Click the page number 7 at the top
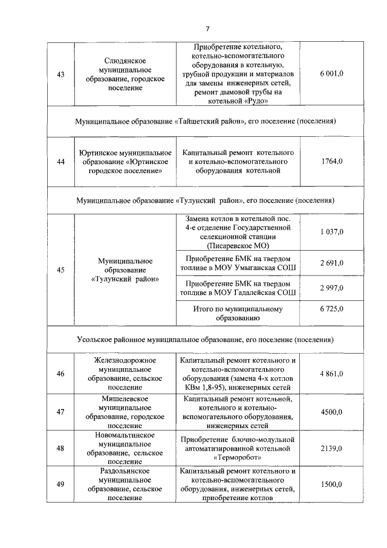[x=207, y=29]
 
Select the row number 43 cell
[x=60, y=73]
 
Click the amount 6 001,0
[x=331, y=73]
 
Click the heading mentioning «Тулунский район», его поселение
[x=206, y=200]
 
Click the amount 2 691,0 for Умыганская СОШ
[x=331, y=262]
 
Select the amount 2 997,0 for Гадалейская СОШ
[x=331, y=288]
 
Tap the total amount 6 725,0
[x=331, y=309]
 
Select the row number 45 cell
[x=60, y=270]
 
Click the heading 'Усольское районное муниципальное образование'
[x=206, y=340]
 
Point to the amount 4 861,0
[x=331, y=374]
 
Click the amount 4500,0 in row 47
[x=331, y=412]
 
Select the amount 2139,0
[x=331, y=448]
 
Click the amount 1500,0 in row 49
[x=331, y=484]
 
